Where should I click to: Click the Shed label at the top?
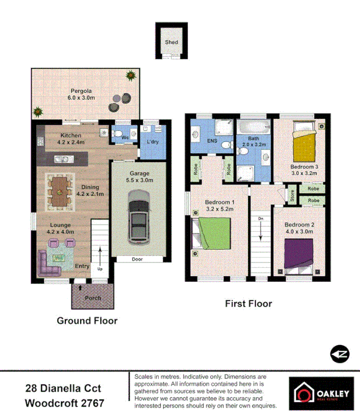[x=171, y=42]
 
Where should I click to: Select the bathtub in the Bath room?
[x=254, y=128]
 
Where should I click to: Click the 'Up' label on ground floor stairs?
[x=101, y=268]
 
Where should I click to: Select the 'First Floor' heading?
[x=248, y=304]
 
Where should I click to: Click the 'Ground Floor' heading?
[x=87, y=321]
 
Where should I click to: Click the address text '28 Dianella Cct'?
[x=63, y=388]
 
